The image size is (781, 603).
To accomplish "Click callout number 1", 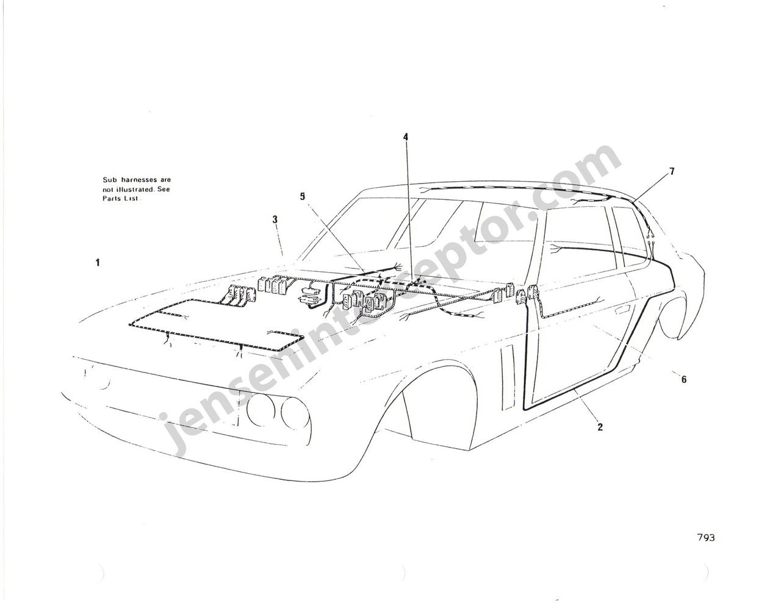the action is (98, 263).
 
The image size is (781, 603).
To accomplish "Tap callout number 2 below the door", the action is (600, 427).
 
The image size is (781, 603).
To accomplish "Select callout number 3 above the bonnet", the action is (275, 219).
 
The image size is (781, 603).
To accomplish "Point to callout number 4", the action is (406, 137).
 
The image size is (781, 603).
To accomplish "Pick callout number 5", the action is (303, 196).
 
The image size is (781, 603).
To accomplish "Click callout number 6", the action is (683, 379).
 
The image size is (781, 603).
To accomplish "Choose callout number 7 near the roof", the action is (671, 172).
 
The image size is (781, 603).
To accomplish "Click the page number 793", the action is (705, 548).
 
